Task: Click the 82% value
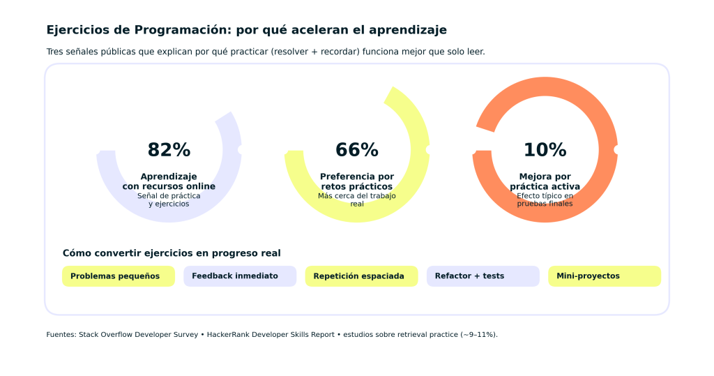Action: pos(169,150)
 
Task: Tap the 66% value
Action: pos(357,150)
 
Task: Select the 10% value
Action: pos(545,150)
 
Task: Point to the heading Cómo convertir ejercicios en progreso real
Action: pos(172,253)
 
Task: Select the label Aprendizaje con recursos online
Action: pos(169,181)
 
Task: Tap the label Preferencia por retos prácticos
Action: pos(357,181)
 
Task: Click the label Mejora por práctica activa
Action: pos(545,181)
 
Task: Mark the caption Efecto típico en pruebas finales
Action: pos(545,200)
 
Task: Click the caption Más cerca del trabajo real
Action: pos(357,200)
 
